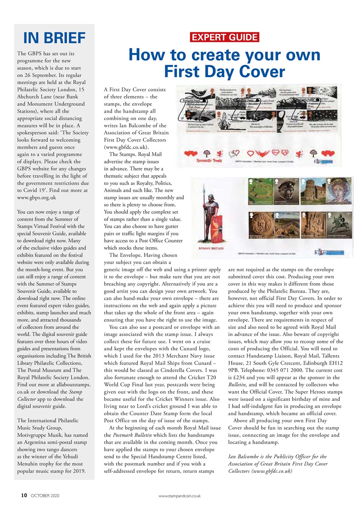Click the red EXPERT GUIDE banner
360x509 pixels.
(225, 38)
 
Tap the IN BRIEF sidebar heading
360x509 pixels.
(54, 38)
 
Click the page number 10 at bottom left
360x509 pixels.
(24, 495)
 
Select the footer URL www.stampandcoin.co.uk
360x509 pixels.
(180, 496)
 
